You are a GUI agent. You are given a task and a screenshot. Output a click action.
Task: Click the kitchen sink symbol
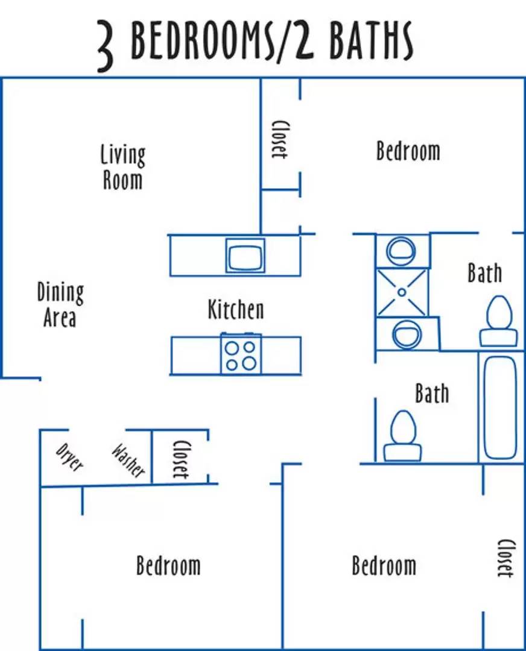(x=245, y=256)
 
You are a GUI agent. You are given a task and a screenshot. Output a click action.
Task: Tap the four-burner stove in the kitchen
(x=241, y=354)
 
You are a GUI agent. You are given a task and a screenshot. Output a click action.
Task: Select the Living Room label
(x=122, y=167)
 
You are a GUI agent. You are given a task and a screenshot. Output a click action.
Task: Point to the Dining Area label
(x=60, y=305)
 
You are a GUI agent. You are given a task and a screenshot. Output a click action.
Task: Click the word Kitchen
(x=236, y=309)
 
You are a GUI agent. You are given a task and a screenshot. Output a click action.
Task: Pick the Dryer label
(x=69, y=458)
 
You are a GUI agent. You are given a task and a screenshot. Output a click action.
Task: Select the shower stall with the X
(x=401, y=292)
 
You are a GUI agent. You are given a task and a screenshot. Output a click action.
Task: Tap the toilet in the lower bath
(x=402, y=436)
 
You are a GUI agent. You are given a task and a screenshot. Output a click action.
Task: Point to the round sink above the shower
(x=401, y=251)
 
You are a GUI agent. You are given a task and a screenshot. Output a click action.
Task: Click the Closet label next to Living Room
(x=279, y=139)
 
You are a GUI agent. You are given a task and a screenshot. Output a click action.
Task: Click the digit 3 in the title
(x=105, y=45)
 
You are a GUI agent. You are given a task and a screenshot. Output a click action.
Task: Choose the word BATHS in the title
(x=372, y=41)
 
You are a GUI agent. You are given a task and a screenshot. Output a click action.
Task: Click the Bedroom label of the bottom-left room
(x=168, y=565)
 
